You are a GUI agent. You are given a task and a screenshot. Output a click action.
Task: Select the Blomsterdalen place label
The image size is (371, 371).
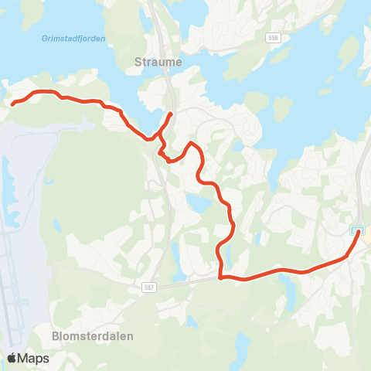point(93,336)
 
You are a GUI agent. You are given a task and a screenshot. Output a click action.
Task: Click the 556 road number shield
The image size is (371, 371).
point(272,37)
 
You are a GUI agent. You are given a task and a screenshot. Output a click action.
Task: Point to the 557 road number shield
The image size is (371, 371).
point(149,288)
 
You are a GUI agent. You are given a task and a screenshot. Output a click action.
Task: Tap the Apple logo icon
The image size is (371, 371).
point(12,358)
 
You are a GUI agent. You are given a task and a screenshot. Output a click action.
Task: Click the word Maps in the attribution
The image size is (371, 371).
point(33,358)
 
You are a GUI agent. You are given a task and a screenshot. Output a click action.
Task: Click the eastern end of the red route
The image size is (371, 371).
point(358,234)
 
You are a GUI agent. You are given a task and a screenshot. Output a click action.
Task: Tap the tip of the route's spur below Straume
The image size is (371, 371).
point(170,115)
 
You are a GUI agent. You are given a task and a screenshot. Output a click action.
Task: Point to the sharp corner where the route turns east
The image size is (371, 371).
point(221,277)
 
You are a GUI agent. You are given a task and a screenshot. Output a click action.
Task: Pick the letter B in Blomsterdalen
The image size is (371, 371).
point(55,336)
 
